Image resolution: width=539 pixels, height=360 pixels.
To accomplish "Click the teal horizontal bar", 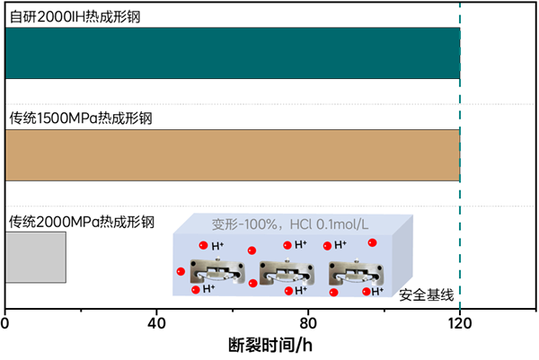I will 232,53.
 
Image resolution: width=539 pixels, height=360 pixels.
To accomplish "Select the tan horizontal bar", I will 232,155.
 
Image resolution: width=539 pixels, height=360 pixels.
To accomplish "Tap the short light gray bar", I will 36,257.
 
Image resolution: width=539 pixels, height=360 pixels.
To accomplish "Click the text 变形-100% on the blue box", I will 240,223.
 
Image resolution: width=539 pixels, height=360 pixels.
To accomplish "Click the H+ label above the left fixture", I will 218,245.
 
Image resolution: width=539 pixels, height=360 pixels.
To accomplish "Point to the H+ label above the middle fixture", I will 302,245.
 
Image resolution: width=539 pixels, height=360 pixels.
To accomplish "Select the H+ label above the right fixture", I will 340,245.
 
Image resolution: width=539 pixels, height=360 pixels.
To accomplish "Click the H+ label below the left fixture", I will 208,289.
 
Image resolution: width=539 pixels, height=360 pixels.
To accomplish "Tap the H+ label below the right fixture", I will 377,290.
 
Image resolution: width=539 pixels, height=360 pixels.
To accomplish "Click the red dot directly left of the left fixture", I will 181,271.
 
